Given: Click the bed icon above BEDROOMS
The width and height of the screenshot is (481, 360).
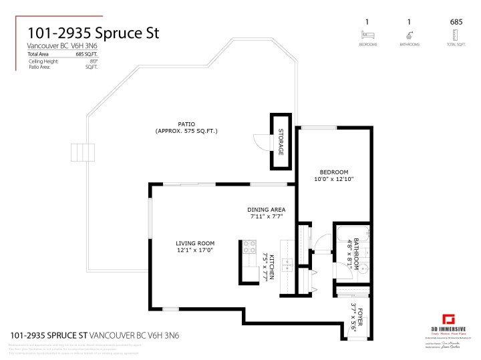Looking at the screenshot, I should coord(365,35).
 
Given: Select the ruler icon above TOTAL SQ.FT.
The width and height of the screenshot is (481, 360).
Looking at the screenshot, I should coord(456,35).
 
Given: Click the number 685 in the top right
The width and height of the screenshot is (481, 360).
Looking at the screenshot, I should coord(456,22).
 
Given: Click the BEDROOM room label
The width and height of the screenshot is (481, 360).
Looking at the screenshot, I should coord(334,172).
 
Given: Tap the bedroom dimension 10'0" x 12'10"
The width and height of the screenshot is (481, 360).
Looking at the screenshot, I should coord(334,179).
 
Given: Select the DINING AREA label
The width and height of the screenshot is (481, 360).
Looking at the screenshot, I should coord(267,209).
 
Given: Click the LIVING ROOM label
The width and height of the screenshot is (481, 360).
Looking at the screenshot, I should coord(195,243).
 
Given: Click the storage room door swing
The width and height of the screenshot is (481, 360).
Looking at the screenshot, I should coord(261,142).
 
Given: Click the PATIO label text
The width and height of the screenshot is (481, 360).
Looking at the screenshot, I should coord(186,124).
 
